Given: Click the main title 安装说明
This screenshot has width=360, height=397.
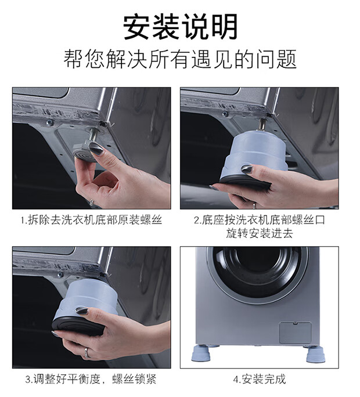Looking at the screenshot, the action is (180, 26).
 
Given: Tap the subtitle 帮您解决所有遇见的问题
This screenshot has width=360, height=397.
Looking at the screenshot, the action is (180, 59).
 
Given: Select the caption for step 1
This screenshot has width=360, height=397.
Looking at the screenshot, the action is (91, 220).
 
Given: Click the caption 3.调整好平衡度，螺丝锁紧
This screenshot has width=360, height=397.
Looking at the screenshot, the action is (91, 379).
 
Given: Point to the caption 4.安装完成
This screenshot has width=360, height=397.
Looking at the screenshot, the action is (260, 379).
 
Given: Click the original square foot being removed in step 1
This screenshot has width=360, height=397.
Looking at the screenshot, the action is (84, 151).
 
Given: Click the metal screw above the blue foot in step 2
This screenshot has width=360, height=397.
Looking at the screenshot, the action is (261, 124).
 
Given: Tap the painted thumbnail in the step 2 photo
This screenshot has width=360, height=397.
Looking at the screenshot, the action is (247, 169).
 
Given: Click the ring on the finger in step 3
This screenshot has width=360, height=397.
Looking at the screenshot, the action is (87, 353).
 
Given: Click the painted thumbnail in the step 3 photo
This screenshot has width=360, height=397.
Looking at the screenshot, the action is (81, 311).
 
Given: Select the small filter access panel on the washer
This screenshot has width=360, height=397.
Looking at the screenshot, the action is (295, 332).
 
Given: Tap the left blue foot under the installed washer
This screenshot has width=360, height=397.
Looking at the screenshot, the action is (202, 353).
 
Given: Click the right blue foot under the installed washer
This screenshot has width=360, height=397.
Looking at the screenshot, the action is (315, 354).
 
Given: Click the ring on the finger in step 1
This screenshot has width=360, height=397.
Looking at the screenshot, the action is (92, 202).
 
